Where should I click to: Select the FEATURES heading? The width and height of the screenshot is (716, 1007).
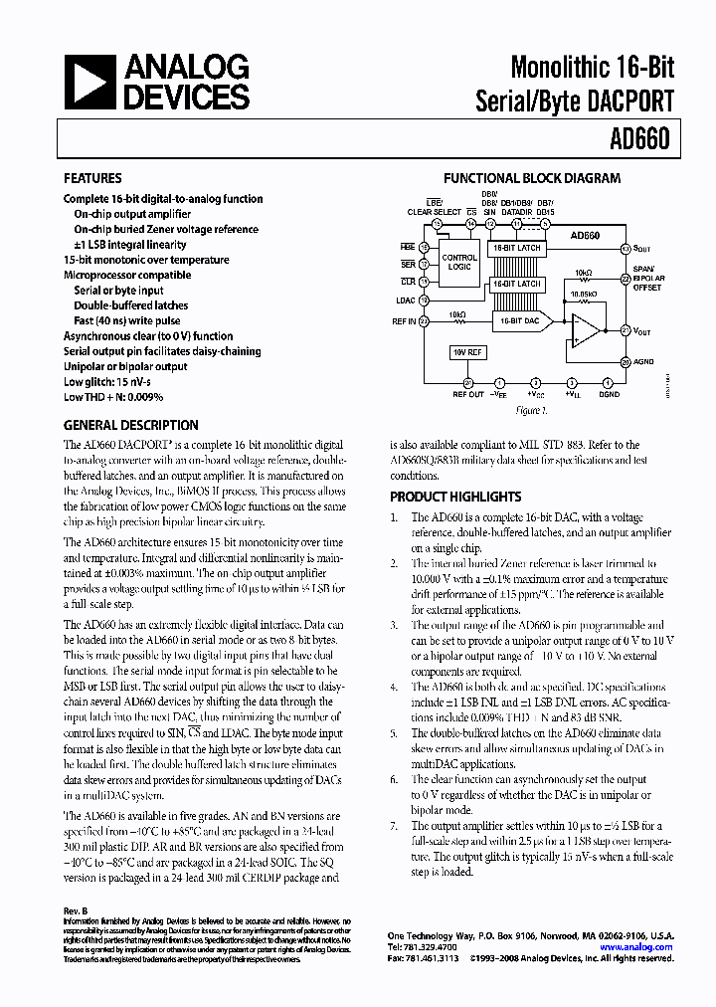point(92,179)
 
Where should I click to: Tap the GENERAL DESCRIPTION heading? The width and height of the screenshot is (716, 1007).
point(130,425)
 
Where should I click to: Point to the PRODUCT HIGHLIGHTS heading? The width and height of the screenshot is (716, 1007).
point(455,497)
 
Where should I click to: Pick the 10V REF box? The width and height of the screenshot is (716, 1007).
point(467,352)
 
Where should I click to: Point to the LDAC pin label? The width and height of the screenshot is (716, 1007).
point(405,300)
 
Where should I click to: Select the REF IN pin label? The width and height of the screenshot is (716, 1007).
point(404,321)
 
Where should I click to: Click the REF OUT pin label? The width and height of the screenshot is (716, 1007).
point(468,395)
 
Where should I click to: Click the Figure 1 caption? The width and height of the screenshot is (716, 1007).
point(531,410)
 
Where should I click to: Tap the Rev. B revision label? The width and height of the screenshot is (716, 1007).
point(76,911)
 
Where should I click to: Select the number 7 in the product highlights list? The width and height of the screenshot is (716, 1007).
point(394,825)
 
